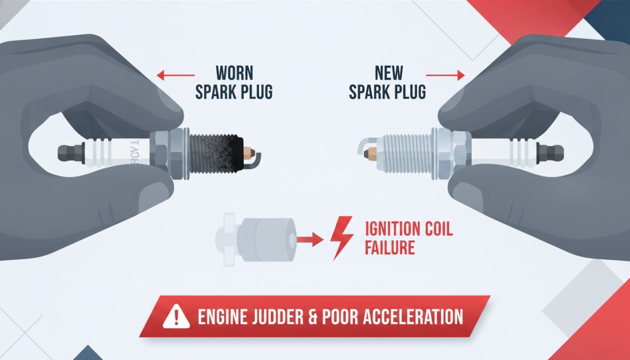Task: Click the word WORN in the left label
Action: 234,73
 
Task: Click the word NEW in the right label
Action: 388,73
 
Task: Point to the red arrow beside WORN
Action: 176,75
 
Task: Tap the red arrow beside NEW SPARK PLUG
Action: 445,75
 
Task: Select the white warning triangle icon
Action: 176,316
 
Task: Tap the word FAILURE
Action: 390,247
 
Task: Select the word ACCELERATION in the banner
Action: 413,317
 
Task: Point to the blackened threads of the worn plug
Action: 216,154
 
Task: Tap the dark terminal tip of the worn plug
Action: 71,153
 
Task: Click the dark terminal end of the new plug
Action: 550,154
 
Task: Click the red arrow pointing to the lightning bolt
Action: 310,239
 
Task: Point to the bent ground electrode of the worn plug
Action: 257,158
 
